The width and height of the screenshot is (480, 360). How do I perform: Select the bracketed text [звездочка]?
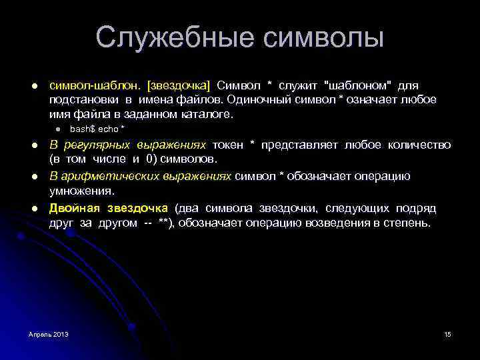tap(179, 85)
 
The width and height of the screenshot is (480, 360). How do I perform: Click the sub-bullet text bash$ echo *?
tap(97, 129)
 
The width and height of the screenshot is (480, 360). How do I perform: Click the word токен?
tap(227, 145)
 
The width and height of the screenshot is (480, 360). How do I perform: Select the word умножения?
tap(75, 192)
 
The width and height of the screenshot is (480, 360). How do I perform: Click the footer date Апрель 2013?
tap(49, 333)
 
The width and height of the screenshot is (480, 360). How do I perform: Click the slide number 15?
tap(447, 333)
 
